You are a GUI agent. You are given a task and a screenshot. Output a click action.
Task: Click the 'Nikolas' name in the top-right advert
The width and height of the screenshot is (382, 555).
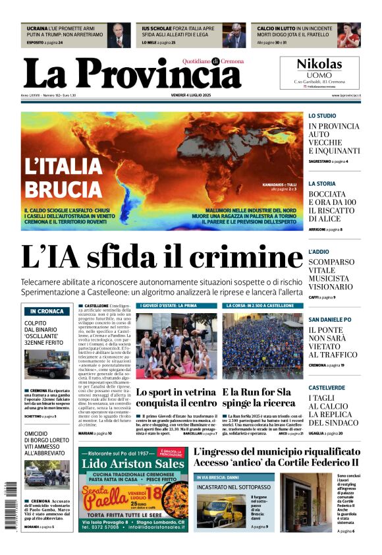319,65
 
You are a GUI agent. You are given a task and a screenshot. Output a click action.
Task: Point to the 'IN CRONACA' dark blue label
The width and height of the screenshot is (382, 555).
46,311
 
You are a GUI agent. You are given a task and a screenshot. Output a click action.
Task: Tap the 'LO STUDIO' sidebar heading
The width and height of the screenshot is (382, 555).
322,116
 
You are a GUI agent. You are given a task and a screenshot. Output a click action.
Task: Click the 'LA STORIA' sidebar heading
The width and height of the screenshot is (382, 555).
322,184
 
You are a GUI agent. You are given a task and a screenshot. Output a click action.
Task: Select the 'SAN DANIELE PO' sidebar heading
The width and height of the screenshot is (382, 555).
330,320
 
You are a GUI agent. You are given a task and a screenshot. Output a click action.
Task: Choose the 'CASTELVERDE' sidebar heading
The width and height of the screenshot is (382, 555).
327,388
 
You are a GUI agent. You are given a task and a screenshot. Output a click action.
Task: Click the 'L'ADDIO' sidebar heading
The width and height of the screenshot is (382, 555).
319,252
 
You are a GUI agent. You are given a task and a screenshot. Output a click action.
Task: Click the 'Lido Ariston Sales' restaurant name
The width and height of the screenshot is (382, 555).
132,464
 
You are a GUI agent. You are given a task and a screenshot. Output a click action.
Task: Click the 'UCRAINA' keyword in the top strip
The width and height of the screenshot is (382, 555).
37,29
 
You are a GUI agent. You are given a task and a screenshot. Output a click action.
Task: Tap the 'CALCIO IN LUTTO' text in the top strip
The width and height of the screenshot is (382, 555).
275,29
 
